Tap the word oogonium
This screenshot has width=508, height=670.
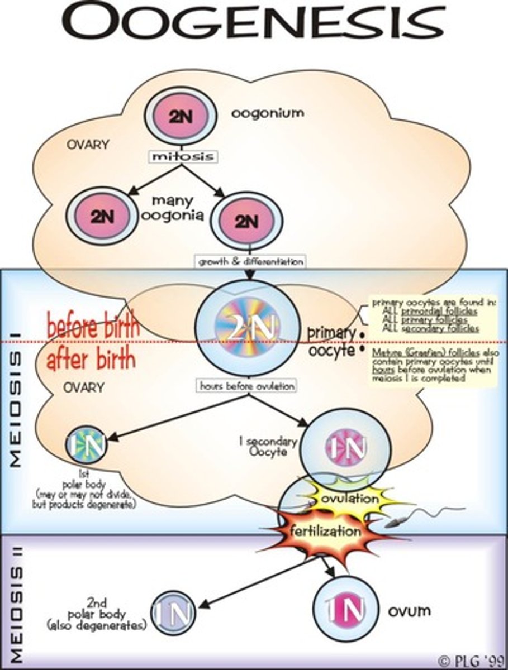[x=268, y=113]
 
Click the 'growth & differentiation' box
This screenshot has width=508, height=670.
[x=249, y=261]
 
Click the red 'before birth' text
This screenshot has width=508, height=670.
[x=93, y=327]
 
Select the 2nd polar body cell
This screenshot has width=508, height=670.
[x=173, y=612]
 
